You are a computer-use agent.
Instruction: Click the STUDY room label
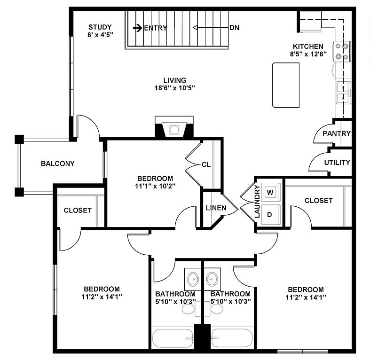(x=100, y=27)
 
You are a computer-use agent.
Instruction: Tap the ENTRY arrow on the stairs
(x=138, y=28)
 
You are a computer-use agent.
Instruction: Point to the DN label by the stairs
(x=234, y=28)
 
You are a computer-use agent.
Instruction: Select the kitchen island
(x=286, y=85)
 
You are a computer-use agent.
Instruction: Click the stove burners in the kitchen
(x=342, y=51)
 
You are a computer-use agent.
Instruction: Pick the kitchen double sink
(x=343, y=92)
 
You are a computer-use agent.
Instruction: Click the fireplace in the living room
(x=174, y=129)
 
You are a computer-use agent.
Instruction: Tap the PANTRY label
(x=337, y=133)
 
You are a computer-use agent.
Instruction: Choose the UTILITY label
(x=337, y=163)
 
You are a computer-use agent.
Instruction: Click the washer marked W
(x=270, y=192)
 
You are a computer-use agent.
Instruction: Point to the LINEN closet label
(x=216, y=208)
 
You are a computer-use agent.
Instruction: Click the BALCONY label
(x=58, y=164)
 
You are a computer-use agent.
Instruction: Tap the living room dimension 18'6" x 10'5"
(x=175, y=88)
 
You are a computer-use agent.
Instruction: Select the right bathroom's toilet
(x=217, y=309)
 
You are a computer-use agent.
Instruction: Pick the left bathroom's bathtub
(x=173, y=338)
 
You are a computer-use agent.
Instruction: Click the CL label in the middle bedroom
(x=206, y=164)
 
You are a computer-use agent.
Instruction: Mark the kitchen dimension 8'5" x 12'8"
(x=308, y=54)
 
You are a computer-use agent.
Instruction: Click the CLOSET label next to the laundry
(x=318, y=200)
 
